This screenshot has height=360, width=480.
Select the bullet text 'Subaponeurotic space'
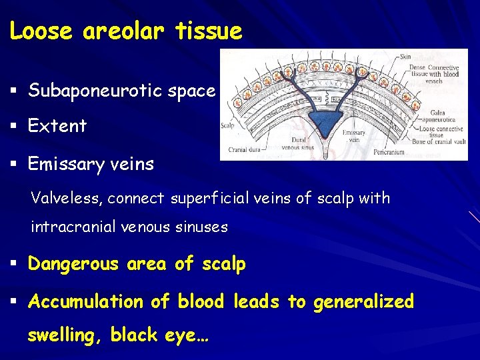(x=121, y=91)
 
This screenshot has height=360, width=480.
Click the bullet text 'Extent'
(x=57, y=126)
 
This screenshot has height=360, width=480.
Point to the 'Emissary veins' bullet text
(x=91, y=163)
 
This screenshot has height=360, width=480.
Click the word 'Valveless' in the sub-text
(x=66, y=199)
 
